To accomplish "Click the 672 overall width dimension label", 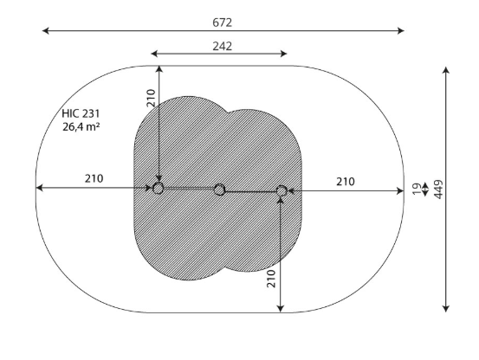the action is coord(222,22).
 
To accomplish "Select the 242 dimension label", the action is coord(222,47).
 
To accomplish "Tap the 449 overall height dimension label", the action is coord(438,190).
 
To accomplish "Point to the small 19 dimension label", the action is coord(417,190).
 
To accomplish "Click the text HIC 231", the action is coord(81,113).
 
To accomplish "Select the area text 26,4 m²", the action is coord(81,126).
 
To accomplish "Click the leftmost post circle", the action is coord(158,189).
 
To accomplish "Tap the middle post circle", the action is coord(219,190).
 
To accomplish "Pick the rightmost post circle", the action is coord(282,191).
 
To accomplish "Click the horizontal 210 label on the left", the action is coord(94,178).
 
